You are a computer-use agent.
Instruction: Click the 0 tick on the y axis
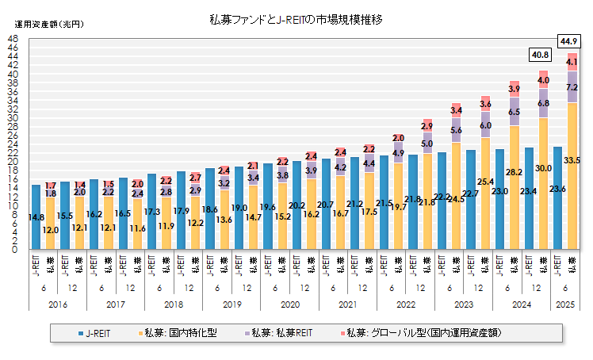[x=15, y=249]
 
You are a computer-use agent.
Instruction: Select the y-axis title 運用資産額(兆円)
[x=47, y=23]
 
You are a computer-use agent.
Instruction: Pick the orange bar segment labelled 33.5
[x=572, y=182]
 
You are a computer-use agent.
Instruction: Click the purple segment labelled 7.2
[x=572, y=87]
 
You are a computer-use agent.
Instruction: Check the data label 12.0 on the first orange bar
[x=51, y=230]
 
